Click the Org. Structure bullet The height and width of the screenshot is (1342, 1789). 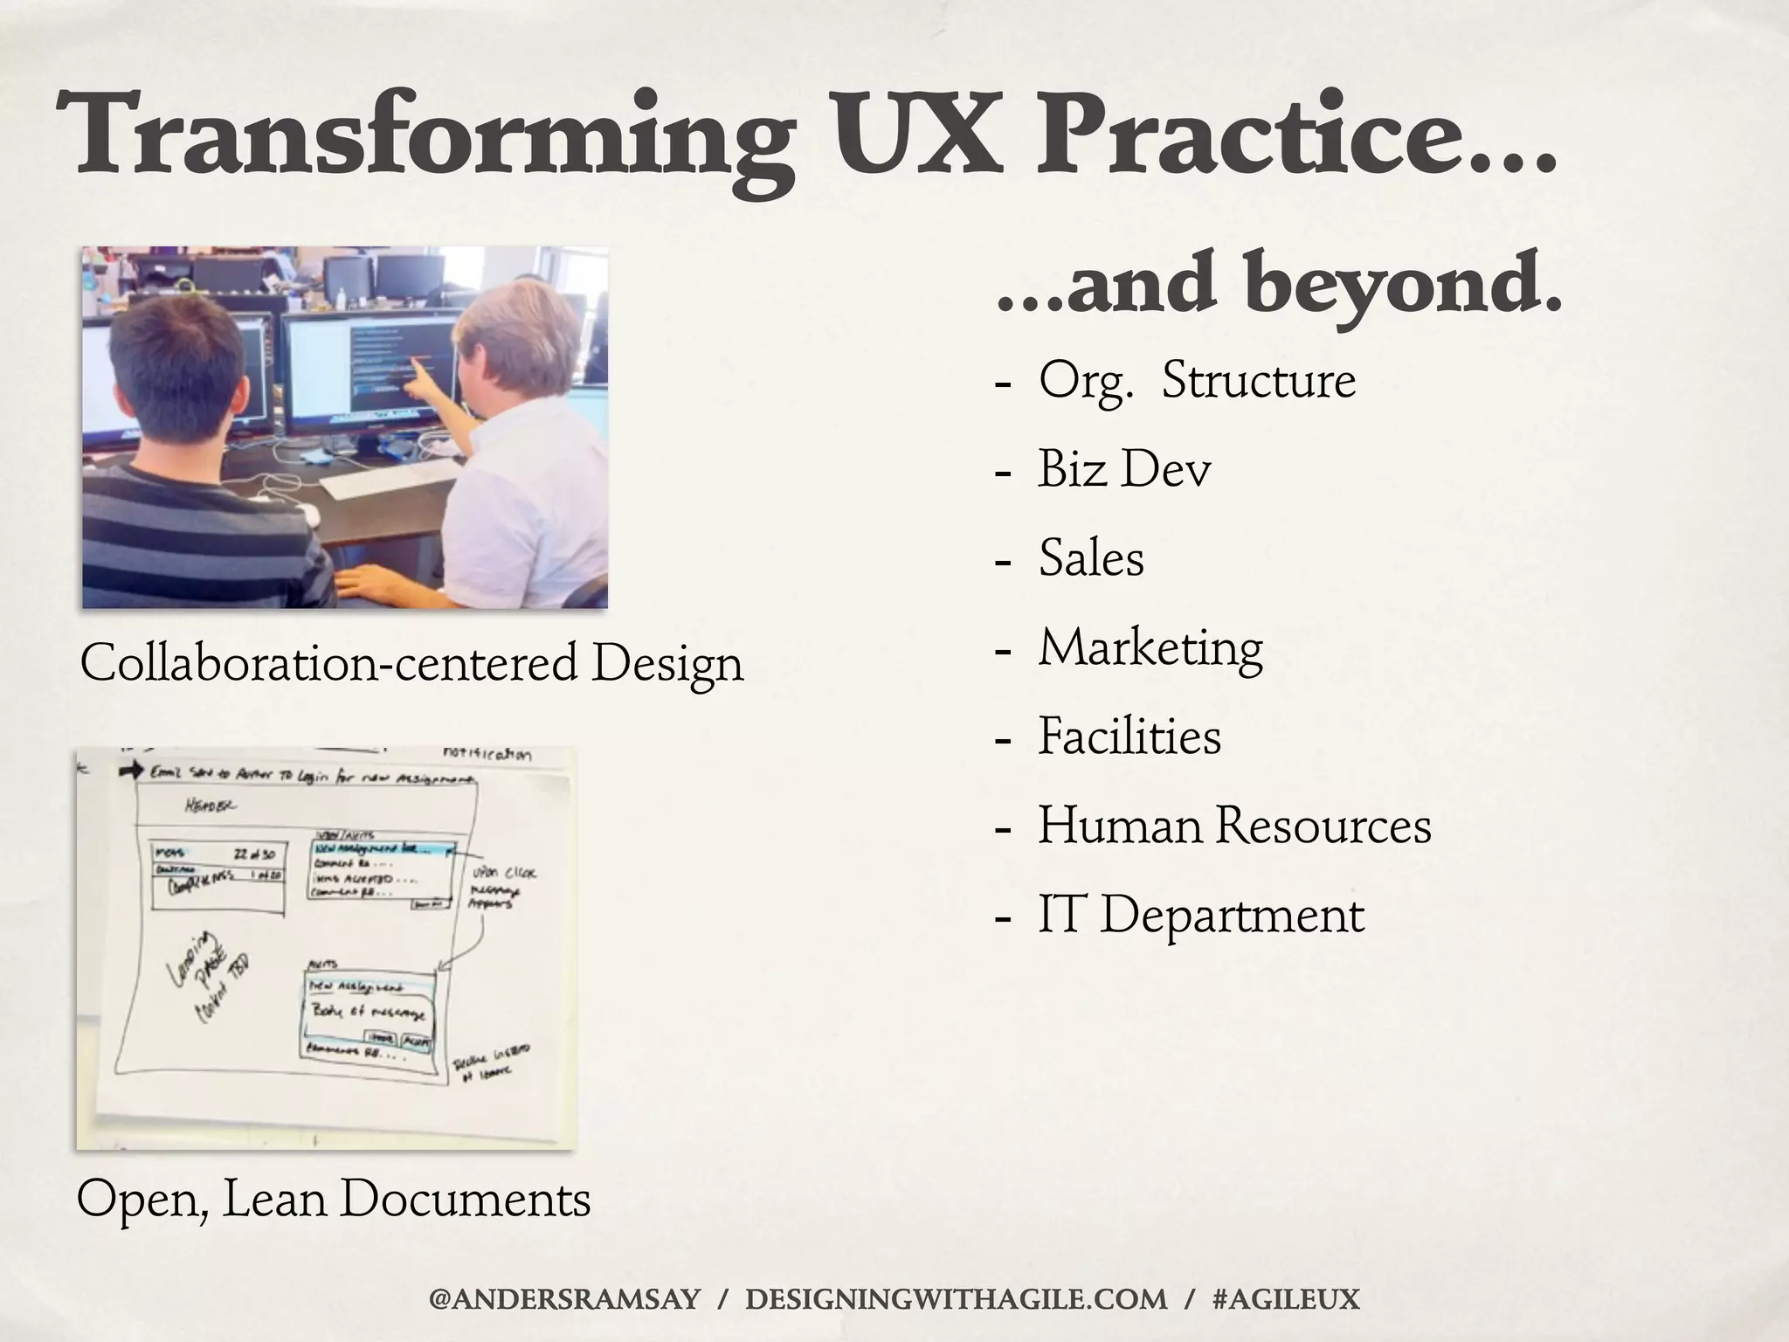pyautogui.click(x=1197, y=381)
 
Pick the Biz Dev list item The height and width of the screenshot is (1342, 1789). pyautogui.click(x=1124, y=469)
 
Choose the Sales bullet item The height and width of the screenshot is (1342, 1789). pyautogui.click(x=1091, y=558)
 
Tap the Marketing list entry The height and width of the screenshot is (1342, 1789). pyautogui.click(x=1150, y=648)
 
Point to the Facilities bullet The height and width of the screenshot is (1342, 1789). pyautogui.click(x=1129, y=737)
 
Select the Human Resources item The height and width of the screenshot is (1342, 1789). pyautogui.click(x=1234, y=826)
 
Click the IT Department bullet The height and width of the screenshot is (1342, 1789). pyautogui.click(x=1200, y=916)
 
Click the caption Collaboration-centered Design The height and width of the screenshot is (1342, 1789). pyautogui.click(x=411, y=664)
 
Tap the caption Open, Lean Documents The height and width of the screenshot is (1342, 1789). pyautogui.click(x=334, y=1199)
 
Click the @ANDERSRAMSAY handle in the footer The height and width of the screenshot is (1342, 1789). pyautogui.click(x=564, y=1299)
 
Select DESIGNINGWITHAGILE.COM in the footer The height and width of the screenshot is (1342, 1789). pyautogui.click(x=956, y=1299)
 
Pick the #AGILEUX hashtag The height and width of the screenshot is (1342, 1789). pyautogui.click(x=1286, y=1299)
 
